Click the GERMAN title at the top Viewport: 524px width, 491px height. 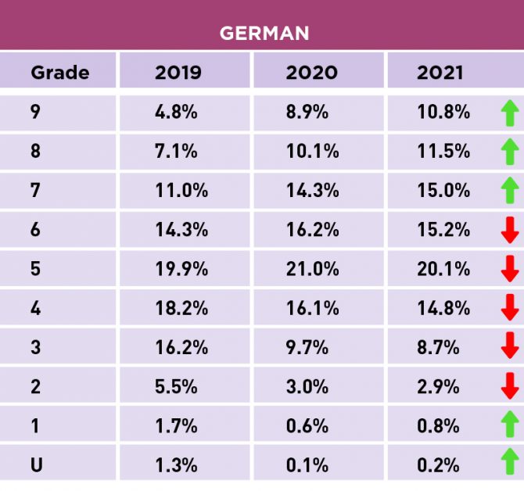coord(264,33)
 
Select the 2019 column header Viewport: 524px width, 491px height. coord(178,73)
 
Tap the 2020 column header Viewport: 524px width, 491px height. coord(311,73)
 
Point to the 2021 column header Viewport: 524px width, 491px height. coord(440,73)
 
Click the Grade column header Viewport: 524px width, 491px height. coord(60,73)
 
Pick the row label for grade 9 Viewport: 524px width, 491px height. coord(35,112)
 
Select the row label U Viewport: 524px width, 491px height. coord(36,465)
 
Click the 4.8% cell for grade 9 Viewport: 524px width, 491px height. coord(176,112)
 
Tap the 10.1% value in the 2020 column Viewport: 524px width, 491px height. coord(312,151)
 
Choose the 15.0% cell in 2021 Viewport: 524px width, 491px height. coord(443,191)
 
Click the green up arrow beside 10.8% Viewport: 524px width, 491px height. coord(509,113)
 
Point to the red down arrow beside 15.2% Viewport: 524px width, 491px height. coord(509,230)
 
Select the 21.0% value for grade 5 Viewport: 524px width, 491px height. coord(312,269)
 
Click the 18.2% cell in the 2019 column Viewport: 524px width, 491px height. coord(181,308)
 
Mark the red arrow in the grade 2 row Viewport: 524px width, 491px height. coord(509,386)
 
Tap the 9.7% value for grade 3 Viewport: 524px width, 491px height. coord(307,347)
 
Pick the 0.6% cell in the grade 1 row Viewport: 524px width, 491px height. coord(307,426)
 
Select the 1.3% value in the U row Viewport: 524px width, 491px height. coord(176,465)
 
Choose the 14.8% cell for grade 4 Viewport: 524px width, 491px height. coord(443,308)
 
